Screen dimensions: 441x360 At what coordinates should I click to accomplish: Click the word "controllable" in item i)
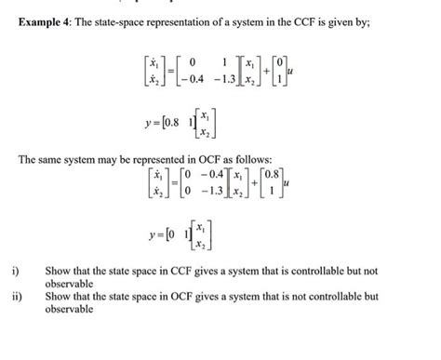click(x=315, y=272)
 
